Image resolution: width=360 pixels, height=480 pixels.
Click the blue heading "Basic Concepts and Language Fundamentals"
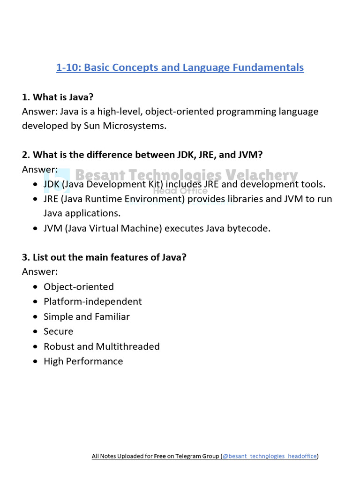point(180,67)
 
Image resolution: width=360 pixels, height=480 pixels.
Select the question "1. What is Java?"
point(58,97)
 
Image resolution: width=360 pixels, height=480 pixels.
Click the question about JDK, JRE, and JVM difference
point(145,155)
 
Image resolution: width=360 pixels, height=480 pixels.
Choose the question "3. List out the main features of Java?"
point(104,257)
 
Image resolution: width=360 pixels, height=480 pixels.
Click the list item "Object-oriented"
point(78,287)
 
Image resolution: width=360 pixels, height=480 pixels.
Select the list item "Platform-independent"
point(92,301)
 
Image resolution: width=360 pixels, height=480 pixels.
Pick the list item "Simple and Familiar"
point(86,317)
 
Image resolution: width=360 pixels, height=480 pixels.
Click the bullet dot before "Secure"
point(36,332)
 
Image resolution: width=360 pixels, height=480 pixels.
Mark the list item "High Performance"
point(83,361)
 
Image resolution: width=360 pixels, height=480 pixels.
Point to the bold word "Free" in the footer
point(160,456)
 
